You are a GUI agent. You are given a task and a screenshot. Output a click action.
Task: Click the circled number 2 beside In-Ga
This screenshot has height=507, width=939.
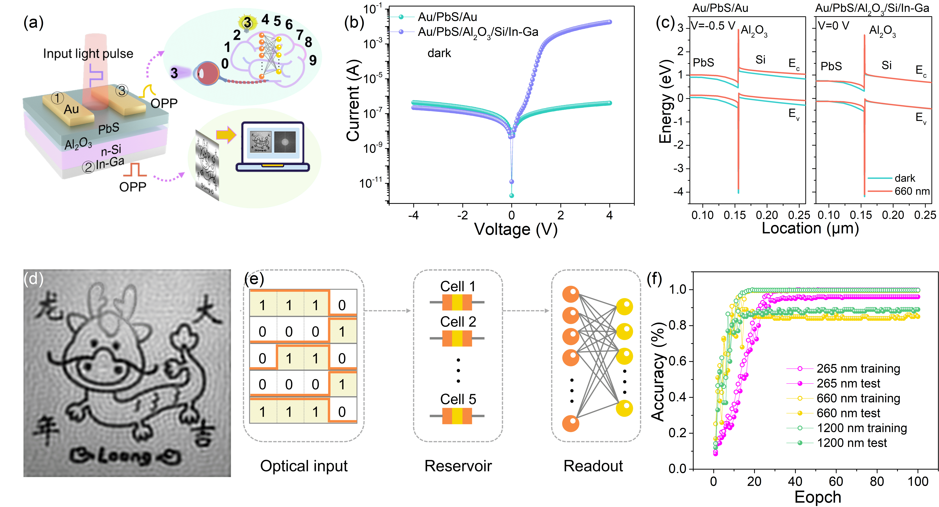tap(88, 167)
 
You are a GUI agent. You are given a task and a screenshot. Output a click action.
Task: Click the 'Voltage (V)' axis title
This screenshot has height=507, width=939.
tap(515, 229)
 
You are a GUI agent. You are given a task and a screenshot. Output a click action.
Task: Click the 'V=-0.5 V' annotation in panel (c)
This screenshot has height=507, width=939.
tap(713, 26)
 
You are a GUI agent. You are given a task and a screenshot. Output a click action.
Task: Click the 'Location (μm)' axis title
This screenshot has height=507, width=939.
tap(810, 228)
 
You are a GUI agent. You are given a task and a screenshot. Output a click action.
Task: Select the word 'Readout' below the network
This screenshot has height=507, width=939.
tap(593, 466)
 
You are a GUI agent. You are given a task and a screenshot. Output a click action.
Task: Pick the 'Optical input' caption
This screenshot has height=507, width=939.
tap(304, 466)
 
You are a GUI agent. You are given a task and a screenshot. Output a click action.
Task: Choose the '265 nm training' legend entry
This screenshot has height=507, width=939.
tap(858, 369)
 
